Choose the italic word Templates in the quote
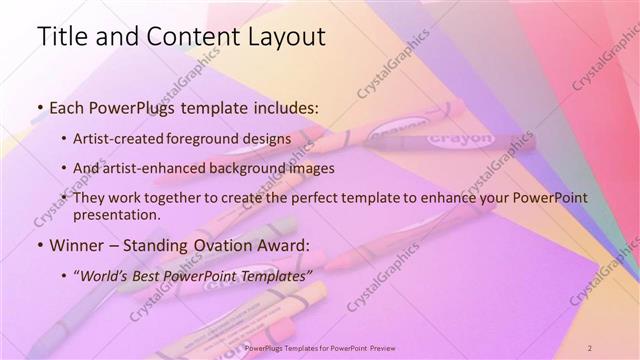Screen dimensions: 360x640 point(274,275)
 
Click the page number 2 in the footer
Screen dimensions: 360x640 point(591,347)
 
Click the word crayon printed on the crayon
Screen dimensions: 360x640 point(460,135)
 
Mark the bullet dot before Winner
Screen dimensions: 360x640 point(40,245)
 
